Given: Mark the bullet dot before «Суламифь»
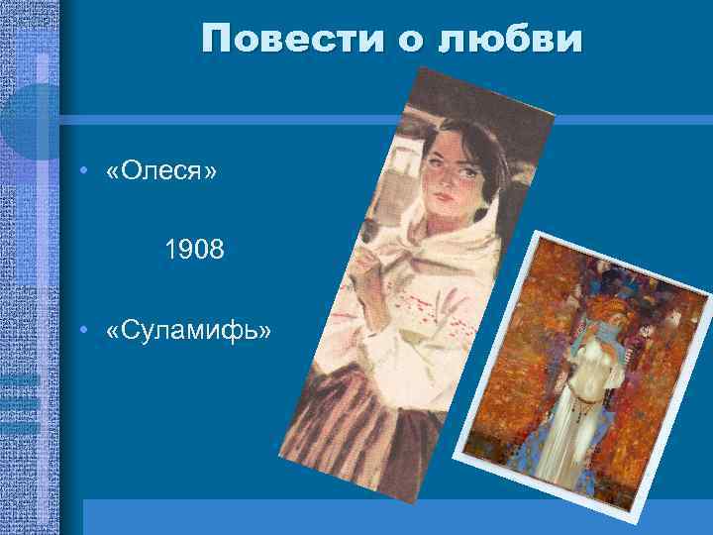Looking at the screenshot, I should pos(89,328).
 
